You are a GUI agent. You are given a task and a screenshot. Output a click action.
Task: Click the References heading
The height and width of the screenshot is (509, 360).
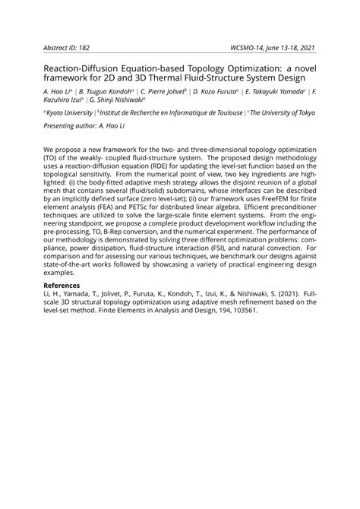coord(66,308)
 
